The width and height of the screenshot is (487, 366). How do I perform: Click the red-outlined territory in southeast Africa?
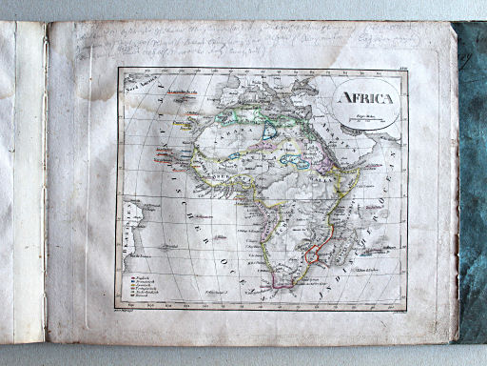click(313, 255)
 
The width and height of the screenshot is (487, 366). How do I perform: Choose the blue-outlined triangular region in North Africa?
click(276, 129)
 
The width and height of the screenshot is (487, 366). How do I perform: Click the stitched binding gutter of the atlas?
click(45, 181)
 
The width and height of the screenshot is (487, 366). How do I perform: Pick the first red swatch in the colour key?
click(126, 277)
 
